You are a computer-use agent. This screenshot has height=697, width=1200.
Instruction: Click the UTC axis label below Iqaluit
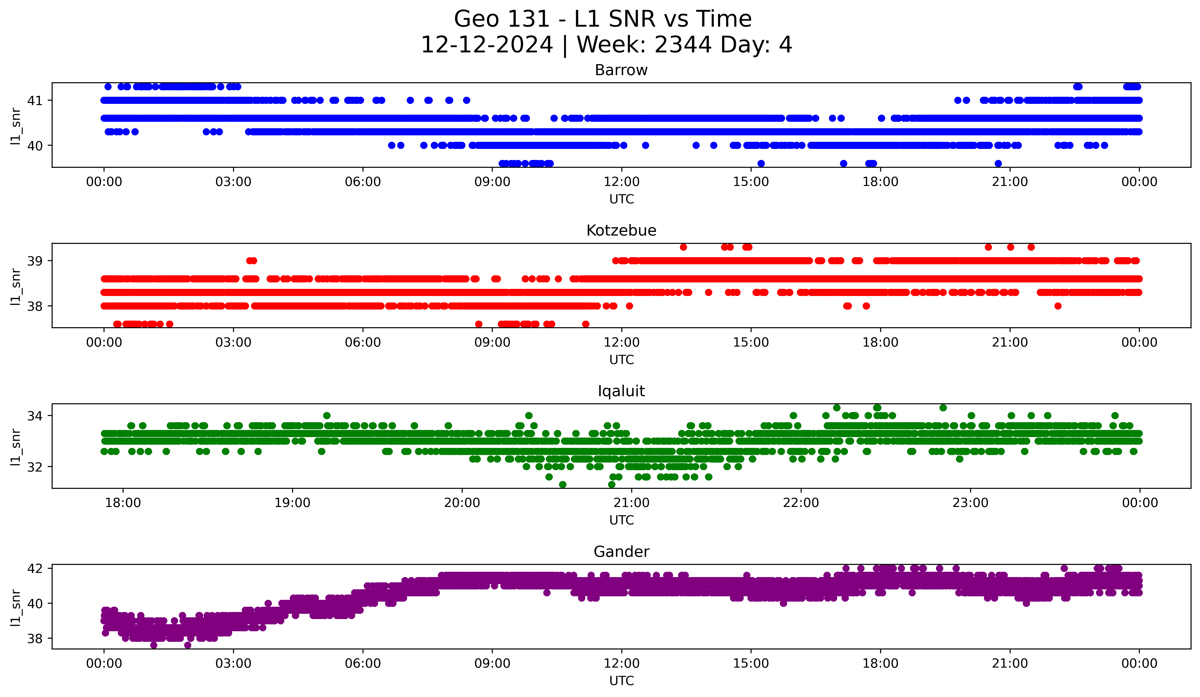click(621, 520)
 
